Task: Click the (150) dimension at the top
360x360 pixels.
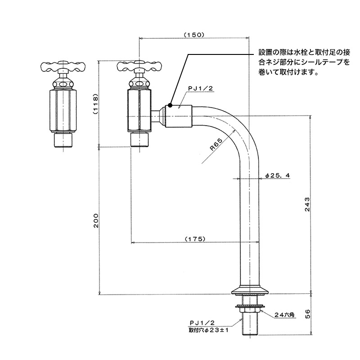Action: (194, 34)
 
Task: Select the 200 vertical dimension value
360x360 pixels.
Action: (95, 221)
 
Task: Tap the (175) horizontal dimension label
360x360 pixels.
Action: (194, 238)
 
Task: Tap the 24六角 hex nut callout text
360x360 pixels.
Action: (284, 315)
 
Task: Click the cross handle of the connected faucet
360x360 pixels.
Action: (139, 67)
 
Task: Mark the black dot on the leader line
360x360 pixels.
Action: (170, 105)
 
